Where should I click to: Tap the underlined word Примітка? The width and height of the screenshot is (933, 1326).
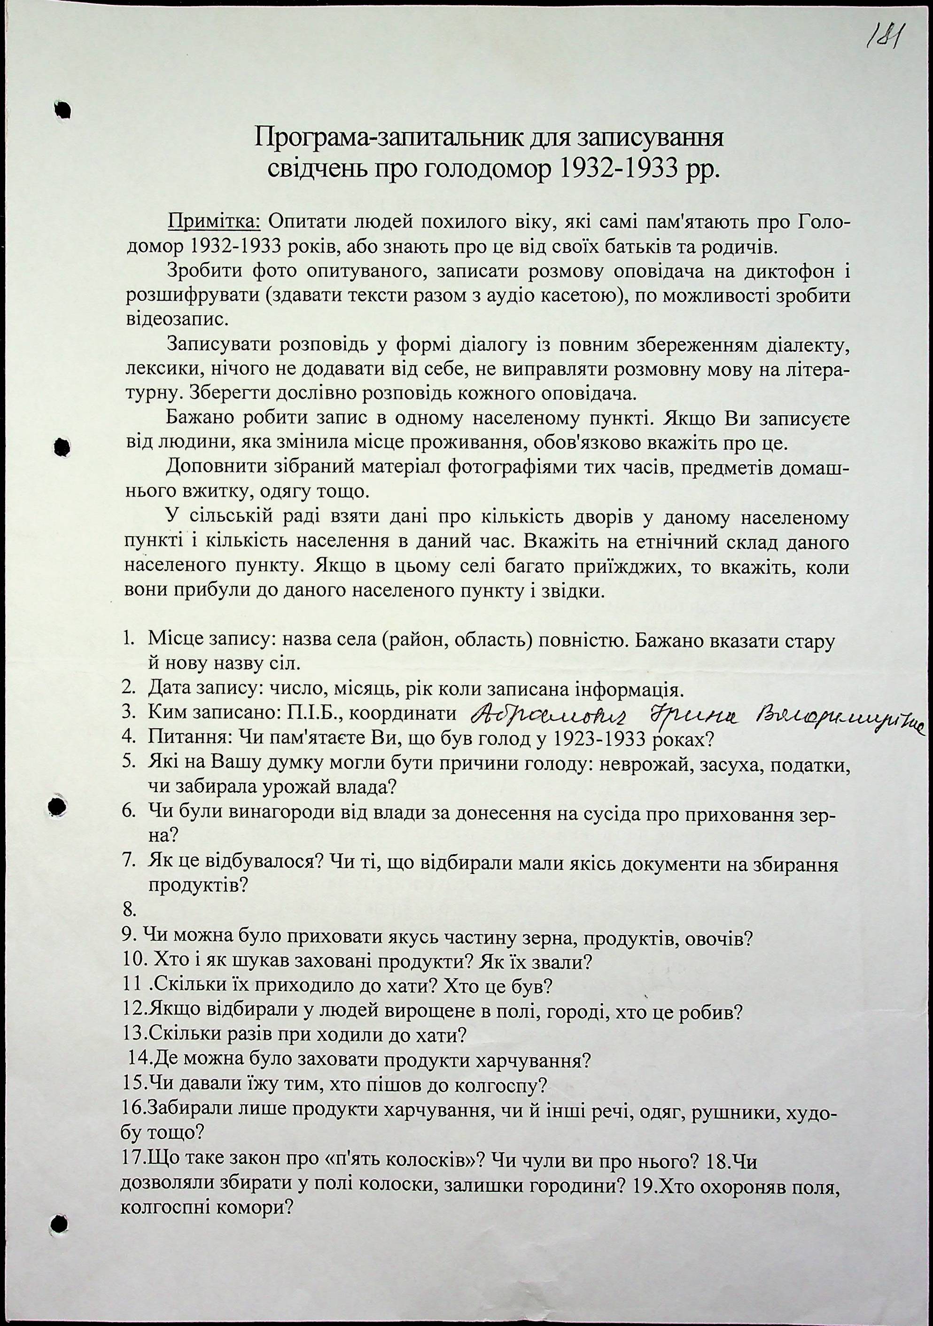coord(214,221)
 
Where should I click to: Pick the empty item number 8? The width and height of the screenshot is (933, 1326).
coord(129,911)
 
